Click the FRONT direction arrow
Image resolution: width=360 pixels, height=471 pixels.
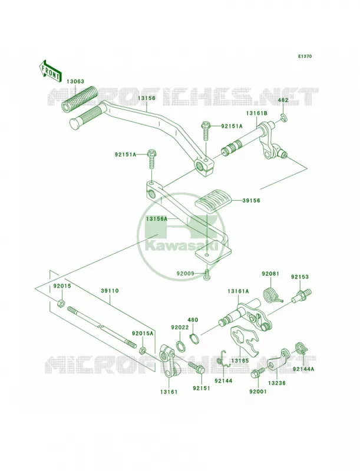tap(51, 72)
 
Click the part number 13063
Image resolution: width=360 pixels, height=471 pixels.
tap(75, 82)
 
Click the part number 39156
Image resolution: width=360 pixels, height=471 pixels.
tap(252, 201)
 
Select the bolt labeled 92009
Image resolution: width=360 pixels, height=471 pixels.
tap(207, 274)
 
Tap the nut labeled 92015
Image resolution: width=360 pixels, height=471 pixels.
tap(60, 303)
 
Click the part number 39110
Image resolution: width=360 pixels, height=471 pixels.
tap(110, 291)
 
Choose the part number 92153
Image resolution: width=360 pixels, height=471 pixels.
tap(299, 277)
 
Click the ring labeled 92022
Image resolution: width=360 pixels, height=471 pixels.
tap(180, 346)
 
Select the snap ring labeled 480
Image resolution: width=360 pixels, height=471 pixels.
tap(194, 339)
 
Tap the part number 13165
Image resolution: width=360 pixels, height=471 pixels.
tap(240, 360)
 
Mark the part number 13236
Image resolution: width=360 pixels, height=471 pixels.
tap(277, 383)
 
